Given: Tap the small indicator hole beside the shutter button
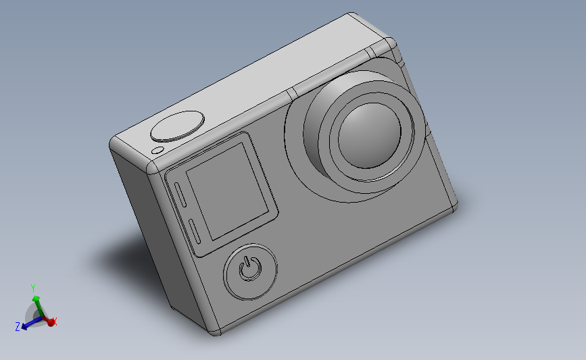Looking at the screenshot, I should [158, 150].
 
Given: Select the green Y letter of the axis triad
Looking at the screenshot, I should [32, 287].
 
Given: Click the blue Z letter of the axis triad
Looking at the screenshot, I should [17, 327].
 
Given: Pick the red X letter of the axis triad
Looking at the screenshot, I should [55, 322].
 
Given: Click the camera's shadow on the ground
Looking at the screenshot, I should [122, 257].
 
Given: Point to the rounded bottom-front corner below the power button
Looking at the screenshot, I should [216, 330].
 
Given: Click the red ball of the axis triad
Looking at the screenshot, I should [50, 323].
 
